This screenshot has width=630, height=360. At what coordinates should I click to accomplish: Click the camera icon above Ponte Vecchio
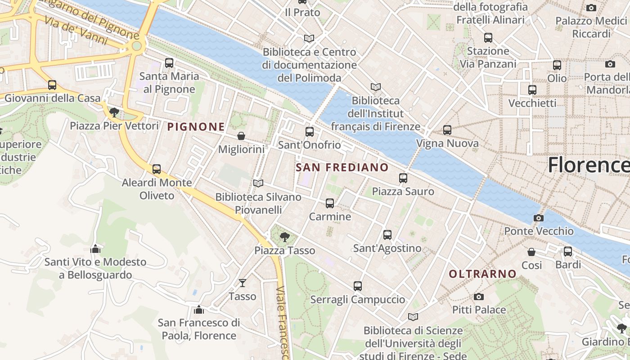[x=538, y=218]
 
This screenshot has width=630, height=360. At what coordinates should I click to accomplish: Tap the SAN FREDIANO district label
[x=342, y=168]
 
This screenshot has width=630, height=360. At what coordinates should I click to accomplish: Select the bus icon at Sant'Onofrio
[x=310, y=132]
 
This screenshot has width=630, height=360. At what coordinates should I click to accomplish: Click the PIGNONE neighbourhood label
[x=196, y=127]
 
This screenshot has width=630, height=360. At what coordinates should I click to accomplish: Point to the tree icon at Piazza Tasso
[x=284, y=237]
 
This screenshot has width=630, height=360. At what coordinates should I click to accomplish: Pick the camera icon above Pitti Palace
[x=479, y=297]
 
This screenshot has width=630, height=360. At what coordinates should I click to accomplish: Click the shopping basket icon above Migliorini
[x=241, y=136]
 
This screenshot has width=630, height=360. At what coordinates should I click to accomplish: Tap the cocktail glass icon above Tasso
[x=243, y=283]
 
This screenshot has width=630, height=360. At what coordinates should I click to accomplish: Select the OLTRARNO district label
[x=482, y=274]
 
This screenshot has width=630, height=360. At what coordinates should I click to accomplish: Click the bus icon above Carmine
[x=330, y=203]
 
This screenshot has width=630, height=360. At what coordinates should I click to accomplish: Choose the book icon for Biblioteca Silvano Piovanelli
[x=258, y=183]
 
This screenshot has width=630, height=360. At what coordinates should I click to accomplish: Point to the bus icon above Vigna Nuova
[x=447, y=130]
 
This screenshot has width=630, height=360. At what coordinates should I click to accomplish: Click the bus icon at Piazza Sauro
[x=403, y=178]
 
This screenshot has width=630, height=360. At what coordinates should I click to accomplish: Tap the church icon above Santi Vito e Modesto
[x=95, y=249]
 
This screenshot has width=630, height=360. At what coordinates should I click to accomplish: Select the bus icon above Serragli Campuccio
[x=358, y=286]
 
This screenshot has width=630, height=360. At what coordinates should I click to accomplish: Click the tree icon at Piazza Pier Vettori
[x=114, y=112]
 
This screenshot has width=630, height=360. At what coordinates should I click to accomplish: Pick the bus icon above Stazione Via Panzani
[x=488, y=38]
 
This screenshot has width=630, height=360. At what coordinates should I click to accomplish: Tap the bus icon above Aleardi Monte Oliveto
[x=157, y=169]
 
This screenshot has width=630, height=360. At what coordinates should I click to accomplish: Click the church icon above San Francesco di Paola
[x=199, y=310]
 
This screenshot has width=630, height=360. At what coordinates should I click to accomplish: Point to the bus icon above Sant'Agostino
[x=387, y=235]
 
